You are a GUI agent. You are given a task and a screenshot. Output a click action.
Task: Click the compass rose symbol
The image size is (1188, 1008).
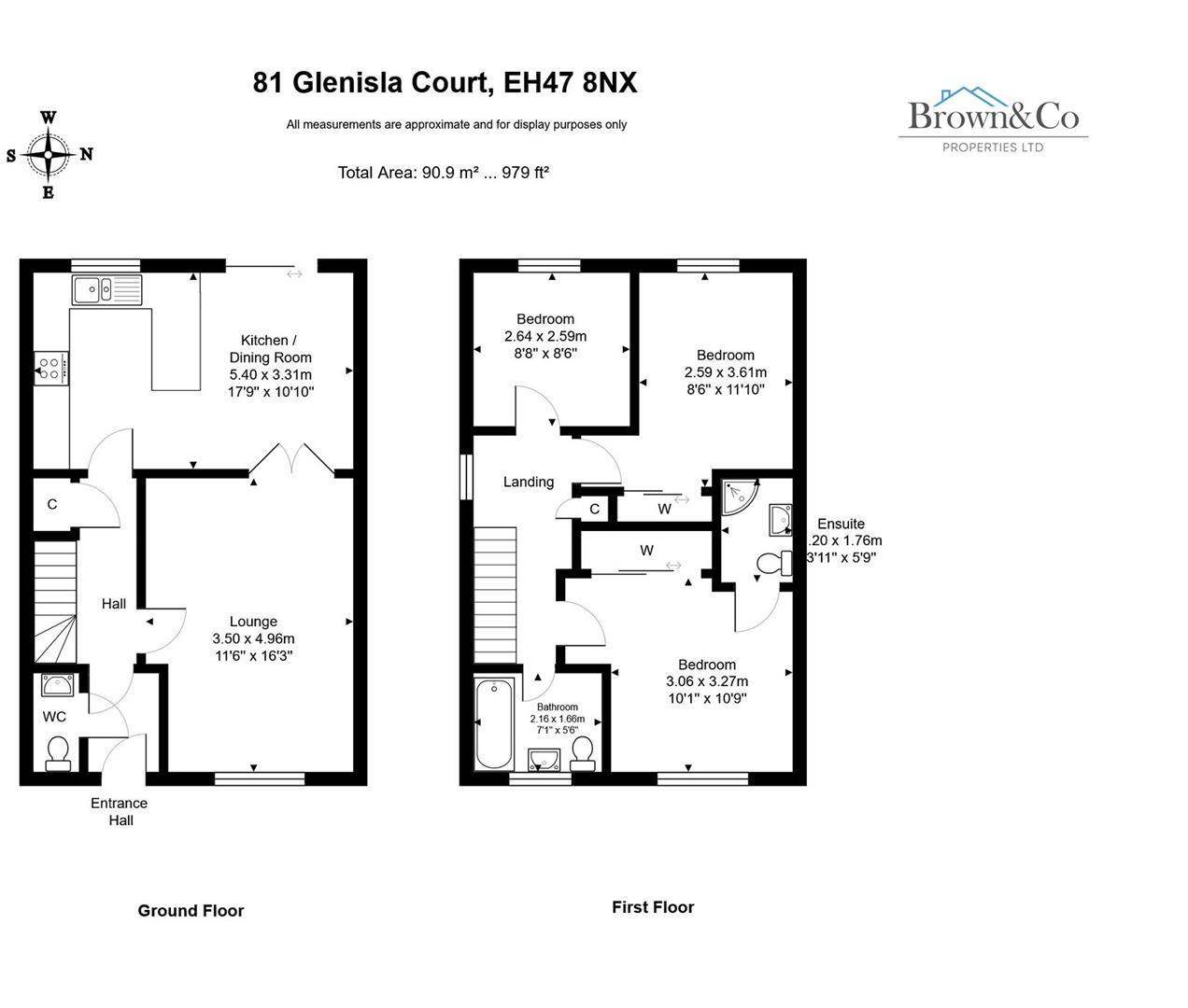(x=49, y=155)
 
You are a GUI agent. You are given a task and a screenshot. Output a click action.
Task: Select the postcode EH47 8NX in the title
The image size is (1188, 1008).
(x=570, y=83)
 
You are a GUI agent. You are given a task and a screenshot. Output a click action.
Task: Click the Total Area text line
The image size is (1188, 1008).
(x=443, y=173)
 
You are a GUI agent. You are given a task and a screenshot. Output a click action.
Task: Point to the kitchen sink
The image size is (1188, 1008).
(x=106, y=289)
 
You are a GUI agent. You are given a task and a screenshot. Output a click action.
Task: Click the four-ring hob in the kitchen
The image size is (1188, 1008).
(x=51, y=367)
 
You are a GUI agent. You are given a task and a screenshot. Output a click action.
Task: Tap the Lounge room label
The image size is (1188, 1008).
(x=253, y=622)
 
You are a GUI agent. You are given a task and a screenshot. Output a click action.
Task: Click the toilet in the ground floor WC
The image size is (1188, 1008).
(x=58, y=753)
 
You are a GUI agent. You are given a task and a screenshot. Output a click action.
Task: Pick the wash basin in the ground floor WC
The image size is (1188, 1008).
(x=58, y=687)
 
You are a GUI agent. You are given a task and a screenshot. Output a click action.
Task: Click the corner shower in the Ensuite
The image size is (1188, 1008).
(x=741, y=497)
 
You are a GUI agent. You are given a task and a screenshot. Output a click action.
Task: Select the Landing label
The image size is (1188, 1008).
(x=529, y=483)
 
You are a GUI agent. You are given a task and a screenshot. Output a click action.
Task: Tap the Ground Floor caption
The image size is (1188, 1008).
(x=191, y=911)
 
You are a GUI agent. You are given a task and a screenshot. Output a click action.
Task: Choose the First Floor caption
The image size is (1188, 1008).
(x=653, y=907)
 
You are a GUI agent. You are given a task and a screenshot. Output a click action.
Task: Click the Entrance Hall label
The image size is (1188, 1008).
(x=120, y=811)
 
